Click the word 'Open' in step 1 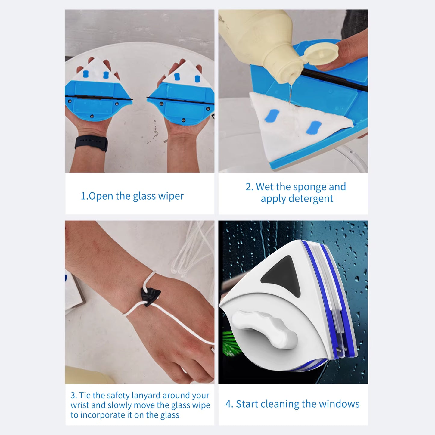point(101,196)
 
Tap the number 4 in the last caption point(228,404)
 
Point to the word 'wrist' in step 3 point(79,405)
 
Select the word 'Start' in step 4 point(247,404)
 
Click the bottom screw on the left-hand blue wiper point(92,117)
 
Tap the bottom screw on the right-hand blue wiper point(183,120)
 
